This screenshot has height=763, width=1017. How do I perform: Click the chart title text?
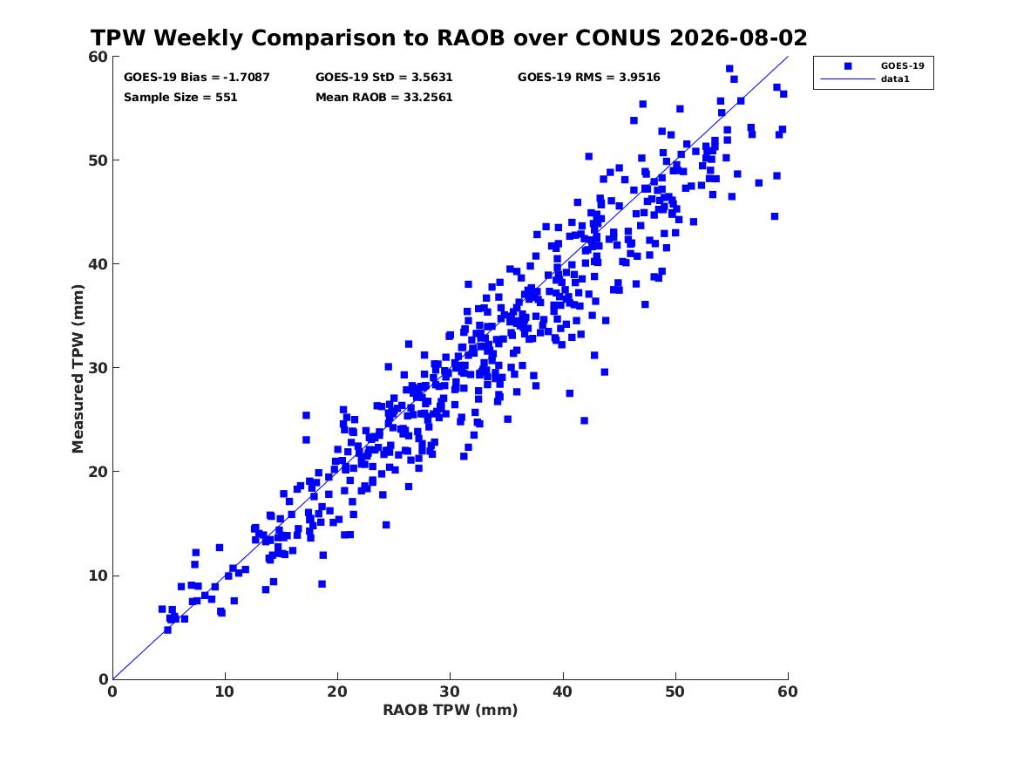coord(449,37)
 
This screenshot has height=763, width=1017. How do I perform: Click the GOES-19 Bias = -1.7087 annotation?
coord(197,78)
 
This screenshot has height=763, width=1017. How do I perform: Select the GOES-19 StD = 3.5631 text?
coord(384,78)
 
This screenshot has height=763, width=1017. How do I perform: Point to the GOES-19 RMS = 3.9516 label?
coord(589,78)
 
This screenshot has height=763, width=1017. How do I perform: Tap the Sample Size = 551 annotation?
coord(180,98)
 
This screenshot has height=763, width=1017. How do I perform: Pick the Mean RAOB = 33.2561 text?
coord(384,98)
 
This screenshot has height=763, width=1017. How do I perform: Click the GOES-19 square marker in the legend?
coord(848,65)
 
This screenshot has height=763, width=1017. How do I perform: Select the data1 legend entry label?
coord(895,79)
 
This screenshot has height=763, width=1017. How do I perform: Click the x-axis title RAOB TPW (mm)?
coord(451,710)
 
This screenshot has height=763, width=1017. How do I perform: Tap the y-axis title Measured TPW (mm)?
coord(78,369)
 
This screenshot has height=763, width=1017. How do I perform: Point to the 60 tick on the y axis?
coord(98,57)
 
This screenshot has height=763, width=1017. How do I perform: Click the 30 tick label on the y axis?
coord(98,368)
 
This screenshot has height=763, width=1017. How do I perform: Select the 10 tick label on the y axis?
coord(98,576)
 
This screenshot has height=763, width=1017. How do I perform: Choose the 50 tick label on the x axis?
coord(675,691)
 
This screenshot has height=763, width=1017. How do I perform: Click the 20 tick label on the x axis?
coord(337,691)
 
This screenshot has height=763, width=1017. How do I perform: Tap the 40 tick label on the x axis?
coord(563,691)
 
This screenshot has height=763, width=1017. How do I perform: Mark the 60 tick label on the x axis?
coord(788,691)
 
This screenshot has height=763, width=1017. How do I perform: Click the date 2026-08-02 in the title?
coord(738,37)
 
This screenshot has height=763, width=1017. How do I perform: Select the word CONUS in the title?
coord(619,37)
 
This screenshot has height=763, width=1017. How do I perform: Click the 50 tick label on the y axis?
coord(98,160)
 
